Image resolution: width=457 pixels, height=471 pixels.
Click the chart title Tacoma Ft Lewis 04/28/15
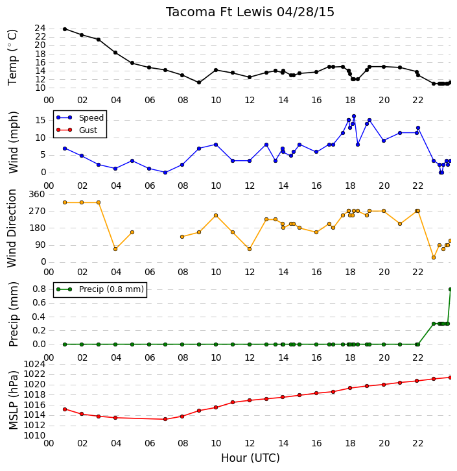coord(250,12)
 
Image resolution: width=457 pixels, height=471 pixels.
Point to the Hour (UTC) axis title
coord(250,458)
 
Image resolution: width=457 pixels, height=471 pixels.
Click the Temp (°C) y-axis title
coord(12,57)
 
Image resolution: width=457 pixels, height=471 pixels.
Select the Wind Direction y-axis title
coord(12,228)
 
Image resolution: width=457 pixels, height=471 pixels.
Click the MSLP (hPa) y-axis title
coord(13,400)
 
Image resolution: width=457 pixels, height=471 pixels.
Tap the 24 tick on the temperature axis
coord(40,29)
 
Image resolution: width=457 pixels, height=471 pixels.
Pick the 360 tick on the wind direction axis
coord(36,195)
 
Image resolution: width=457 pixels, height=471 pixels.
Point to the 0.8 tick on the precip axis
coord(39,289)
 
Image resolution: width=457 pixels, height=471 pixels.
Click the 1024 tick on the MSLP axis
coord(34,365)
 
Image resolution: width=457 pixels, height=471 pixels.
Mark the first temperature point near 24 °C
coord(65,29)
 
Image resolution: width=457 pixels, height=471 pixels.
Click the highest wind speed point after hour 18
coord(354,116)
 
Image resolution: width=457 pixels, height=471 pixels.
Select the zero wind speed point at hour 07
coord(165,173)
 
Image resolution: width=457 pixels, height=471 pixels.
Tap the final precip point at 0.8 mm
coord(450,289)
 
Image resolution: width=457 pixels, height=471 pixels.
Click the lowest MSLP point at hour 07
coord(165,419)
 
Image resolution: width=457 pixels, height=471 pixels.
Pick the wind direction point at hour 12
coord(250,249)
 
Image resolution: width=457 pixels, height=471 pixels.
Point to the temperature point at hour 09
coord(199,82)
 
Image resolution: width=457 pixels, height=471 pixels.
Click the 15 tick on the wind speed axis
coord(41,121)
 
